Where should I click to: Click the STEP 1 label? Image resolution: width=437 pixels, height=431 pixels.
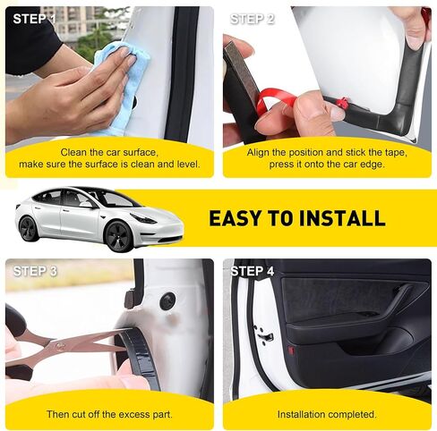pyautogui.click(x=34, y=19)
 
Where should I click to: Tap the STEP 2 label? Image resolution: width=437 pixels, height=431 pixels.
pyautogui.click(x=253, y=19)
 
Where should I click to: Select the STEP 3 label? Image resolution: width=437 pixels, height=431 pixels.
pyautogui.click(x=35, y=271)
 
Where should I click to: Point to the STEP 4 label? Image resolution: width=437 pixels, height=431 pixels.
pyautogui.click(x=253, y=271)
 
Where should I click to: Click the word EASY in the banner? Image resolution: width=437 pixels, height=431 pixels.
pyautogui.click(x=236, y=218)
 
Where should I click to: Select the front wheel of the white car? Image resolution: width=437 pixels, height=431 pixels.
pyautogui.click(x=118, y=237)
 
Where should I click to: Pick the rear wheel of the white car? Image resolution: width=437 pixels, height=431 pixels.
pyautogui.click(x=29, y=229)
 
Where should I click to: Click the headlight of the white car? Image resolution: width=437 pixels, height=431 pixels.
pyautogui.click(x=143, y=218)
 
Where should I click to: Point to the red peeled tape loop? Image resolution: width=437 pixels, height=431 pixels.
pyautogui.click(x=275, y=98)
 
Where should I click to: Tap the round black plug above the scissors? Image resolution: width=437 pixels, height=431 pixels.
pyautogui.click(x=168, y=300)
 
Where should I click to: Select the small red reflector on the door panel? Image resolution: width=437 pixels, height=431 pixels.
pyautogui.click(x=291, y=351)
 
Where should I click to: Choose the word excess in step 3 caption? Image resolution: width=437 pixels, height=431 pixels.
pyautogui.click(x=132, y=414)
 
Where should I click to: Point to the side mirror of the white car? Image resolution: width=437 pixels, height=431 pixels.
pyautogui.click(x=86, y=205)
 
